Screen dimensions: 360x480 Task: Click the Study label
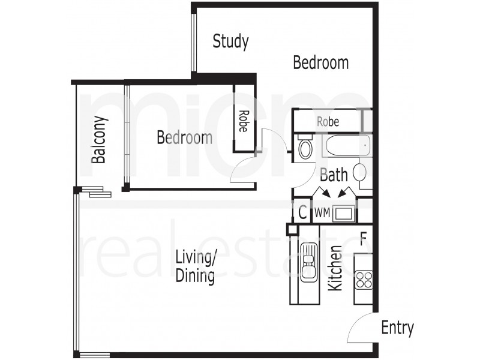point(230,42)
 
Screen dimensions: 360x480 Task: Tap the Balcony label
point(99,139)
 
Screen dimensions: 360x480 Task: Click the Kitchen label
point(335,268)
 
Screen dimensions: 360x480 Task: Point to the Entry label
point(397,328)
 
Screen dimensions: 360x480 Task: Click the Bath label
point(334,175)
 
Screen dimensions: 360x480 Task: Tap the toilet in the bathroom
point(305,147)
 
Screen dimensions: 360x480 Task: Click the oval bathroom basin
point(360,172)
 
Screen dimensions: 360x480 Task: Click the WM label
point(322,212)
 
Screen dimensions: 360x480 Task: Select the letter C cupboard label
point(302,212)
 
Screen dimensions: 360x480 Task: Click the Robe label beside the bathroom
point(328,122)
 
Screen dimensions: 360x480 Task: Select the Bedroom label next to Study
point(320,62)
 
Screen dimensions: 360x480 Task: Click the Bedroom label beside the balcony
point(184,137)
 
